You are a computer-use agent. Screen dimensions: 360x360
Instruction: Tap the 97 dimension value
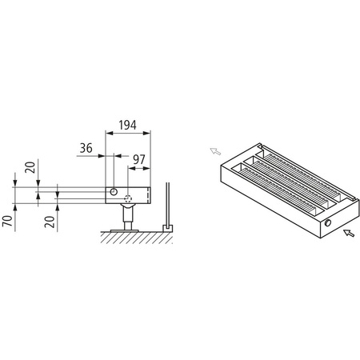(139, 159)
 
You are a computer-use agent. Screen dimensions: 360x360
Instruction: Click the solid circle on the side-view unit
(115, 193)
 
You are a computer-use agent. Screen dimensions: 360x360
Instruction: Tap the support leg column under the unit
(127, 215)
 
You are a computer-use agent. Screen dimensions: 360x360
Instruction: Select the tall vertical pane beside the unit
(166, 204)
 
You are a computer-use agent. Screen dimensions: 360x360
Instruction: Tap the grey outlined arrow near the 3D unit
(214, 150)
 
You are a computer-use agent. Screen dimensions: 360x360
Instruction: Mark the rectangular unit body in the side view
(128, 194)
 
